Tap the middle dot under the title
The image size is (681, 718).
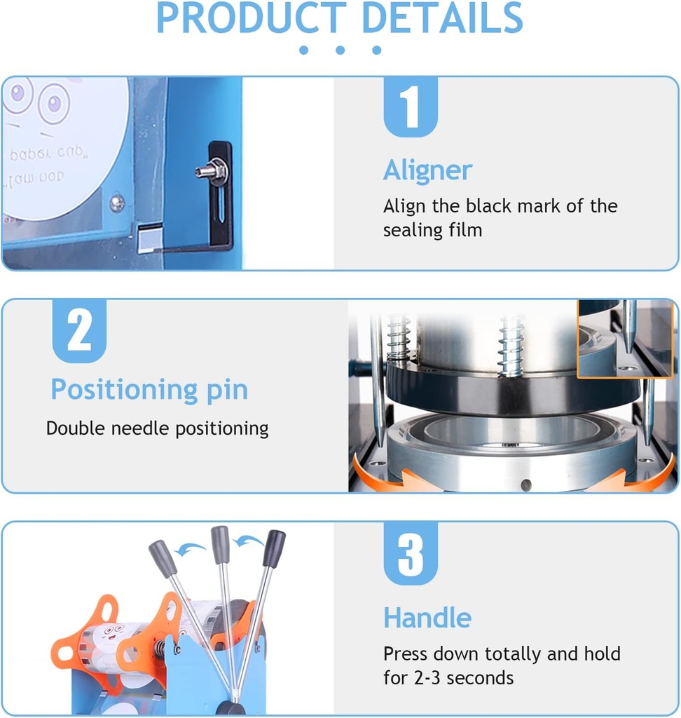[x=340, y=50]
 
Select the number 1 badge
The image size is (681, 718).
[x=410, y=107]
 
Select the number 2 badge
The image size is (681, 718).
[x=79, y=331]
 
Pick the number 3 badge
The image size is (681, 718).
[x=410, y=554]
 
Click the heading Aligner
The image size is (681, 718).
[x=427, y=170]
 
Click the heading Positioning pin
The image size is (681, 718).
[x=149, y=390]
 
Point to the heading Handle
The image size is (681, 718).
[x=427, y=618]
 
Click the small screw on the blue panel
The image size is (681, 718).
[x=117, y=203]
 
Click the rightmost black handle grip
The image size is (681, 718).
[x=273, y=548]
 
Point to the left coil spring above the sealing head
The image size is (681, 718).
[x=399, y=338]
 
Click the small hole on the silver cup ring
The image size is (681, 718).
[x=526, y=484]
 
